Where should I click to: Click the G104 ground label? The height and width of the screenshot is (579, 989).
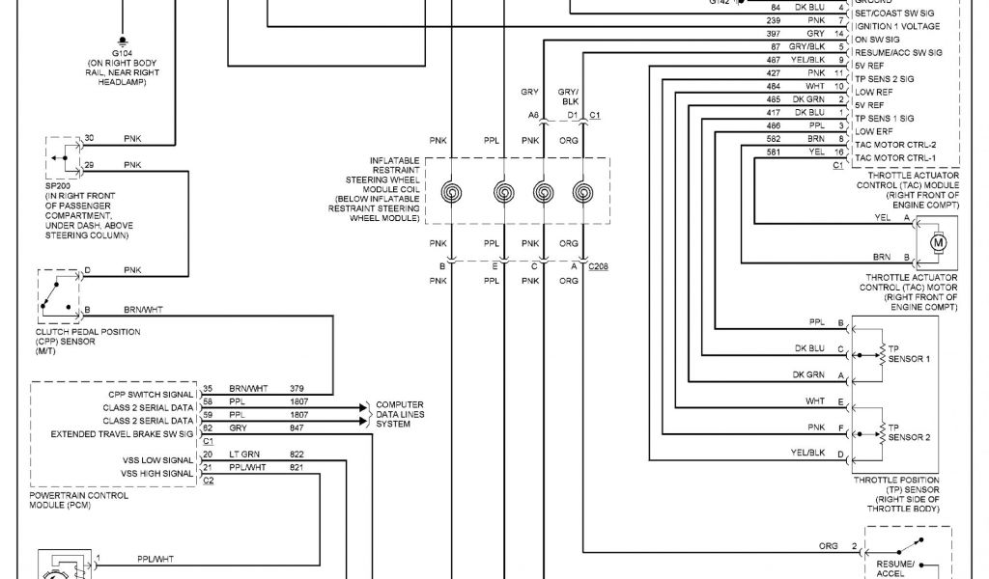(122, 52)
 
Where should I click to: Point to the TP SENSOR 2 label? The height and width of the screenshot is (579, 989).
(908, 431)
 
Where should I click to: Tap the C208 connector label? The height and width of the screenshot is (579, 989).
(600, 265)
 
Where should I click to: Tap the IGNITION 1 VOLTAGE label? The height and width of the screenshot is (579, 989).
(898, 26)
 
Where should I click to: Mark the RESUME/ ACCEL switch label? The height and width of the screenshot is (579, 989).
(896, 565)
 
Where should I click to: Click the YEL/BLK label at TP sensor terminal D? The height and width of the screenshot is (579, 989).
(808, 452)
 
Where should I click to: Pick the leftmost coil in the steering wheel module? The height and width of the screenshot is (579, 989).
(451, 193)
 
